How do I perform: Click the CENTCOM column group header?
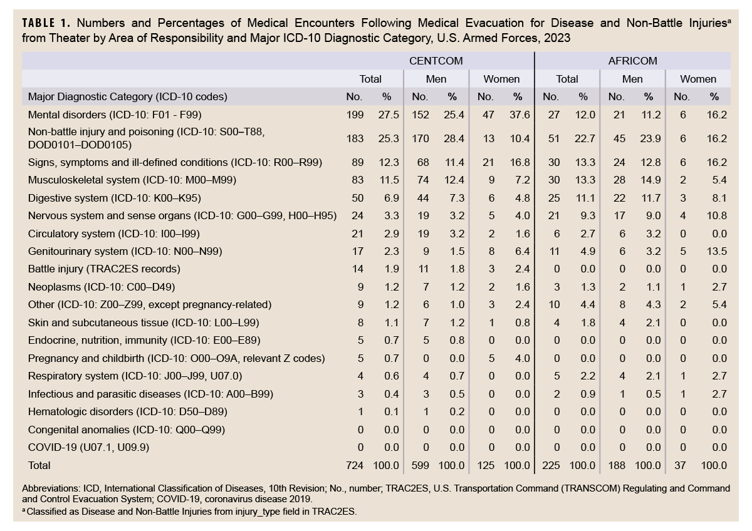coord(436,61)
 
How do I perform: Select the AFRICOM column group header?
coord(632,61)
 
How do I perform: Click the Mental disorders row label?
coord(115,115)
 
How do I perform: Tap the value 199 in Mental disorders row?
coord(355,115)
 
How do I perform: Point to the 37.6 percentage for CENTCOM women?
coord(518,115)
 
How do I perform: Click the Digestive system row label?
coord(115,198)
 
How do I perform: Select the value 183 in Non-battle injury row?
coord(355,138)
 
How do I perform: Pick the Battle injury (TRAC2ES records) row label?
coord(104,269)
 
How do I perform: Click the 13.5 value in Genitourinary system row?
coord(714,251)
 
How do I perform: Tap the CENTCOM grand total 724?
coord(355,465)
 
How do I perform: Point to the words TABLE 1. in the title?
coord(48,24)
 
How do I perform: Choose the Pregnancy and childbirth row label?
coord(176,358)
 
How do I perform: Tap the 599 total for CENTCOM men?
coord(420,465)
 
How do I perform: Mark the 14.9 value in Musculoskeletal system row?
coord(649,180)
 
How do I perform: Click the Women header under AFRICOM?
coord(698,79)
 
